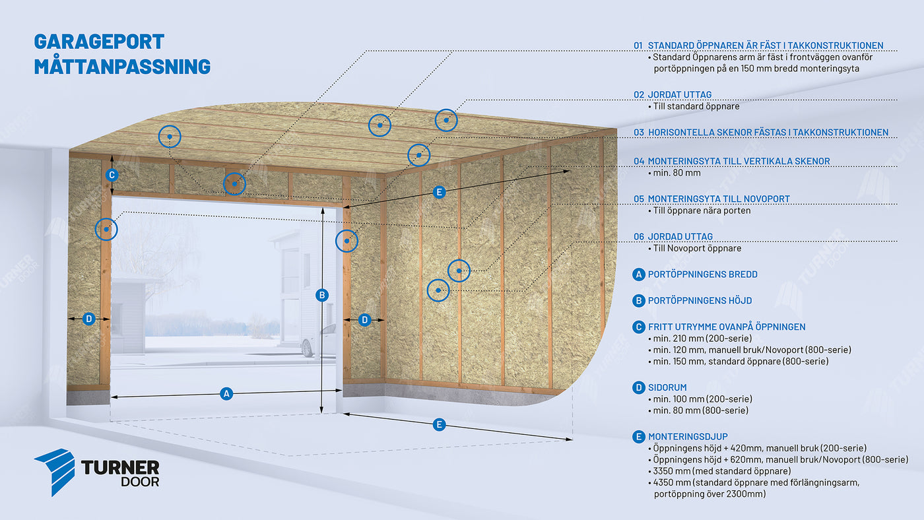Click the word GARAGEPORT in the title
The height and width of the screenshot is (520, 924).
[99, 42]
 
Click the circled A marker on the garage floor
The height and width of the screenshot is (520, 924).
[226, 394]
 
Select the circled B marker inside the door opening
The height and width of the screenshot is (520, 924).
[322, 295]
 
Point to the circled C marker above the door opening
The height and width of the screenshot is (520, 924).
[112, 175]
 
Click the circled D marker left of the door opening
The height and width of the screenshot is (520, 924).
[89, 319]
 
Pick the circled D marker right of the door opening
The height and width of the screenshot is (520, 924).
[365, 320]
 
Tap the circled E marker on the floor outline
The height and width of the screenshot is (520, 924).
[439, 424]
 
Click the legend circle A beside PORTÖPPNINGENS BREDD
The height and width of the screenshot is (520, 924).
[638, 274]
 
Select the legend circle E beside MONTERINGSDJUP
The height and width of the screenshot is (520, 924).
[638, 436]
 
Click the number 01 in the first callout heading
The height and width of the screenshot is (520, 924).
[638, 46]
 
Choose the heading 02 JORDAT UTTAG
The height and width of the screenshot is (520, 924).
[673, 94]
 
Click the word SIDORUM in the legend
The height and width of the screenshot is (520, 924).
[667, 387]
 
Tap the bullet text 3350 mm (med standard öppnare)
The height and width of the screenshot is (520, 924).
[721, 471]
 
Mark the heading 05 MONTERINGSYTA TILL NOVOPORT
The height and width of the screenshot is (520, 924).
[711, 199]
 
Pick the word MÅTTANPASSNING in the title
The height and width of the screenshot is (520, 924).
[122, 67]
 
